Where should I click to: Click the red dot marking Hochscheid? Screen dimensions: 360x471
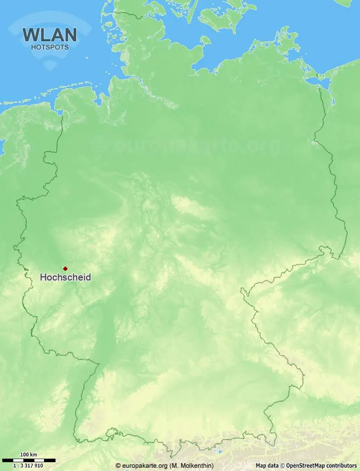pyautogui.click(x=65, y=269)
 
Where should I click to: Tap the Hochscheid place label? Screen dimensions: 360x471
pyautogui.click(x=65, y=277)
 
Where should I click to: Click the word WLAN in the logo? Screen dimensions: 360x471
pyautogui.click(x=50, y=35)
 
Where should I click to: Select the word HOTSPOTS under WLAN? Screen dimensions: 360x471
pyautogui.click(x=50, y=47)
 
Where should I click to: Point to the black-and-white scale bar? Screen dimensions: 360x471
pyautogui.click(x=28, y=460)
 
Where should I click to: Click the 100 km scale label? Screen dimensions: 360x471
pyautogui.click(x=28, y=455)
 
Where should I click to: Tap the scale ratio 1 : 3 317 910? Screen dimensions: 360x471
pyautogui.click(x=28, y=465)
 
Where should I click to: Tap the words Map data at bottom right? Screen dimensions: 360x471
pyautogui.click(x=267, y=465)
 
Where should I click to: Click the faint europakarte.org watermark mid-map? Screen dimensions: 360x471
pyautogui.click(x=183, y=146)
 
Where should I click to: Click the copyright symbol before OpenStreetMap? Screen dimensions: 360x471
pyautogui.click(x=283, y=465)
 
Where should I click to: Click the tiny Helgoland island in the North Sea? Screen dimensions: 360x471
pyautogui.click(x=87, y=58)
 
